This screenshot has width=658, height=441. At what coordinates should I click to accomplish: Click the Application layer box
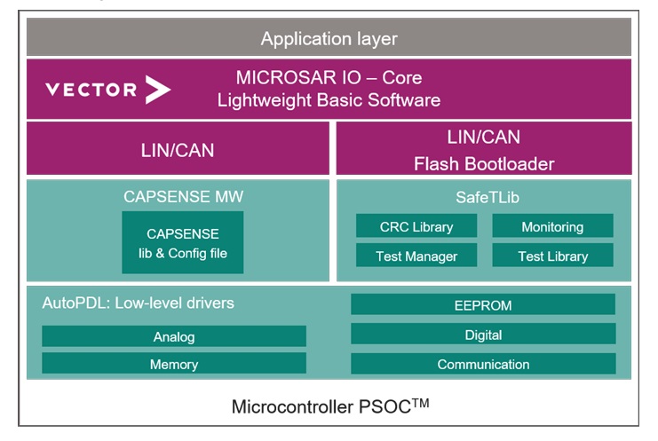[329, 37]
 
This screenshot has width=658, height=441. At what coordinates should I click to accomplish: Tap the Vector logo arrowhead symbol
[158, 90]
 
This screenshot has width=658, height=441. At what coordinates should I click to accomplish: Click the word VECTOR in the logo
[91, 90]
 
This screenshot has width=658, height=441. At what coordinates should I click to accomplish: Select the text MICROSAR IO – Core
[329, 77]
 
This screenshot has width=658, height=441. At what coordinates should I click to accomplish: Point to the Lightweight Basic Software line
[329, 100]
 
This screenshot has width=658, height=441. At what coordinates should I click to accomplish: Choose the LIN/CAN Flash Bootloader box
[484, 148]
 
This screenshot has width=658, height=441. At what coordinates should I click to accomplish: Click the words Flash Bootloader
[484, 164]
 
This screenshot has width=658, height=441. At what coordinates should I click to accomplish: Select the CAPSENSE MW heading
[184, 197]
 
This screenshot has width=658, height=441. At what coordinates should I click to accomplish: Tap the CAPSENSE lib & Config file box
[183, 242]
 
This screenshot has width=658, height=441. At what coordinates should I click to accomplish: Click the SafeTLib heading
[488, 197]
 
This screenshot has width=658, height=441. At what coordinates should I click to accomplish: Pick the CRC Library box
[416, 226]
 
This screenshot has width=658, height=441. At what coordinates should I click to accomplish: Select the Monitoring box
[552, 226]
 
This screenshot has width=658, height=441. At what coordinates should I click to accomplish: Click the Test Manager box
[416, 256]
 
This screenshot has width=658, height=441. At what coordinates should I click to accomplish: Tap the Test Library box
[552, 256]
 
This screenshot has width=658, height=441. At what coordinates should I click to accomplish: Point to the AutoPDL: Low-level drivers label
[138, 303]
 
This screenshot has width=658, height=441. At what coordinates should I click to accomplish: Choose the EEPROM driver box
[483, 304]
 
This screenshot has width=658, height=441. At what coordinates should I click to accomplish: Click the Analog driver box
[174, 336]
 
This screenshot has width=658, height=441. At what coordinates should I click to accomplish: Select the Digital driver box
[483, 335]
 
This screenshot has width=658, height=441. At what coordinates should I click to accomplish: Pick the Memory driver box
[174, 364]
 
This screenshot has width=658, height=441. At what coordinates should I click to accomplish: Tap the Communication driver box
[483, 364]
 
